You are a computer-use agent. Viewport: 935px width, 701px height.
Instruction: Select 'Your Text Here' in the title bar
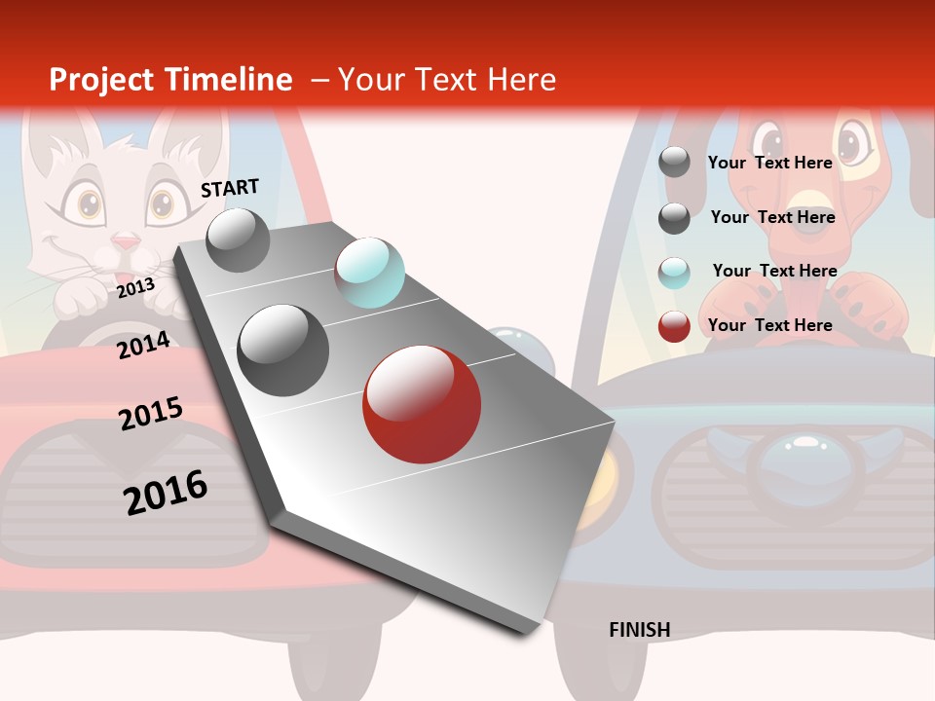[447, 80]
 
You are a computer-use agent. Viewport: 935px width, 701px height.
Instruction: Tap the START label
[230, 188]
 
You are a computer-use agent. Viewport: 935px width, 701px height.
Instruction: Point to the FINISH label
[639, 630]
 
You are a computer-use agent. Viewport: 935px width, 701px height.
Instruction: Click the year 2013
[135, 288]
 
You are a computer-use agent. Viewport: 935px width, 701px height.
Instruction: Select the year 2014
[143, 346]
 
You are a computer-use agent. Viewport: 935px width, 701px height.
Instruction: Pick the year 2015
[150, 413]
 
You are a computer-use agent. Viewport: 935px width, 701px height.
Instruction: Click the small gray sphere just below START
[238, 240]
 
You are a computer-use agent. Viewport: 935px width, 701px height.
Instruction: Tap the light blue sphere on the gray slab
[369, 272]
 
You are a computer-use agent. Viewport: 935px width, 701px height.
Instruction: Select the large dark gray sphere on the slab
[283, 350]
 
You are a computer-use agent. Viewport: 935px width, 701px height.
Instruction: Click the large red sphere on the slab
[422, 403]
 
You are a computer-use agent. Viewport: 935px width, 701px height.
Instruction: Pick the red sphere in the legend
[674, 326]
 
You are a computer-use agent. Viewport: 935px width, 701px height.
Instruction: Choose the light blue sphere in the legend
[674, 273]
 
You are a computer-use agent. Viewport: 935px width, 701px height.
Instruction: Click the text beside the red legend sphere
[769, 325]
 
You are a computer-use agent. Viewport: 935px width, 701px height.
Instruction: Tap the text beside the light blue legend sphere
[774, 271]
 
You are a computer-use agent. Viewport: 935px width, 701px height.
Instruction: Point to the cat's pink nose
[126, 240]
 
